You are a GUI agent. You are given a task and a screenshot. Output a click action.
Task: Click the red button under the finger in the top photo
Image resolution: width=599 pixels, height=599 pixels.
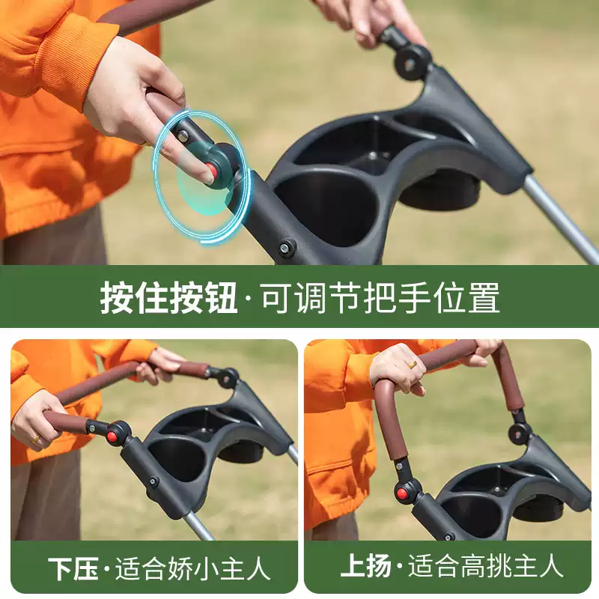(x=210, y=170)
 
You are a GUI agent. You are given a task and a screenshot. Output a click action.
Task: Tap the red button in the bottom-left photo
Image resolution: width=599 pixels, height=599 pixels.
(x=112, y=436)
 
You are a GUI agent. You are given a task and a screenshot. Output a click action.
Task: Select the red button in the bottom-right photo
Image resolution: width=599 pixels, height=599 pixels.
(x=401, y=494)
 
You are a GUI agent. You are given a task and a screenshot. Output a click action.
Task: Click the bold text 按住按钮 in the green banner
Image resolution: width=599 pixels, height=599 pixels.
(x=168, y=297)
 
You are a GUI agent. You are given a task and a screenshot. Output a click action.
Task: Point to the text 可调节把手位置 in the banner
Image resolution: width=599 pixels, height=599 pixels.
(x=380, y=297)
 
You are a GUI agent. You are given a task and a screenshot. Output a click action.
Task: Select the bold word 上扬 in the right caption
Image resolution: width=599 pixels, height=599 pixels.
(x=365, y=565)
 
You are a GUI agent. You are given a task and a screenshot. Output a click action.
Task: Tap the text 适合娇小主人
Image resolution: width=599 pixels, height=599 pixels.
(x=192, y=569)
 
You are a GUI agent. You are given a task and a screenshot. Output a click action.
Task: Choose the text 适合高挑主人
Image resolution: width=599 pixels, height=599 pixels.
(x=485, y=565)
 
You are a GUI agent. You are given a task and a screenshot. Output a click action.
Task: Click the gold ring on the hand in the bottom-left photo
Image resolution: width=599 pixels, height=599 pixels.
(x=35, y=440)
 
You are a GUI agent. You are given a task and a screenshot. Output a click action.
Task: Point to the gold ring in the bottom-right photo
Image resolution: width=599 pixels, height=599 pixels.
(x=413, y=365)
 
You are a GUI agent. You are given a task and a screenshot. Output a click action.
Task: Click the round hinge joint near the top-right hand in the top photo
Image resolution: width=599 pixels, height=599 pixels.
(x=413, y=62)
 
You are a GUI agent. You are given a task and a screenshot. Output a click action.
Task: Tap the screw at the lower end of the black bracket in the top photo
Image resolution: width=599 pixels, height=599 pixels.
(x=285, y=247)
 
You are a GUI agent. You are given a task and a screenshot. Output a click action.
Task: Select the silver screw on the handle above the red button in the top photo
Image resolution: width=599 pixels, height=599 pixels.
(x=183, y=135)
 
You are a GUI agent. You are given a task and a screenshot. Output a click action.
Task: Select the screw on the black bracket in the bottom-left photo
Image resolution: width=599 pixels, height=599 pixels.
(x=153, y=481)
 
